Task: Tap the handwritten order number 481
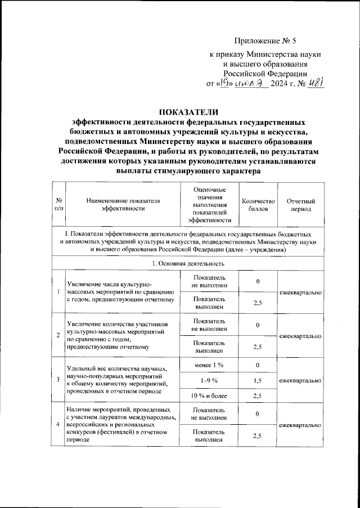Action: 316,84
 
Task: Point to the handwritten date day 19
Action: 224,84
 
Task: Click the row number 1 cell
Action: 58,291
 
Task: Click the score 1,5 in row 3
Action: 258,381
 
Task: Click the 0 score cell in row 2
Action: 258,325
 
